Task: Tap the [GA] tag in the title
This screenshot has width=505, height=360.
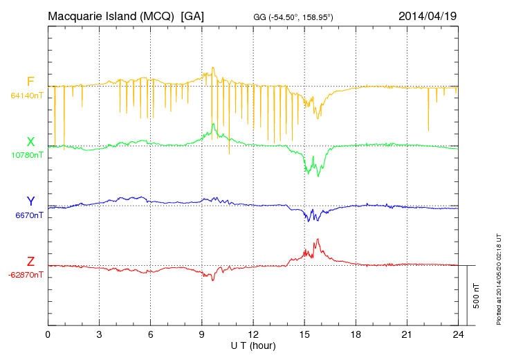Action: click(192, 16)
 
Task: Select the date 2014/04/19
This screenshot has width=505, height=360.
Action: click(427, 16)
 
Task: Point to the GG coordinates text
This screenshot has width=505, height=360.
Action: click(293, 17)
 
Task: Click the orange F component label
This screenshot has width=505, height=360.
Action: click(30, 82)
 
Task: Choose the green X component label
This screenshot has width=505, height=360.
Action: click(30, 142)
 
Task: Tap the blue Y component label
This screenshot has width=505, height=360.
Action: click(30, 201)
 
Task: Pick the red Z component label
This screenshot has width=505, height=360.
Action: click(30, 261)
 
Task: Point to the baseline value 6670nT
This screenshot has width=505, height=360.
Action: click(28, 215)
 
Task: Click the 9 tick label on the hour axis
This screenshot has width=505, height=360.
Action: click(202, 335)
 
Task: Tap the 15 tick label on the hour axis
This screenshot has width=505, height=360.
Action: click(304, 335)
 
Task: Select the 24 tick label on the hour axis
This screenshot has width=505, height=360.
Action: click(458, 335)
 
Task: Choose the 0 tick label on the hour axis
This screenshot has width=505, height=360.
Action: click(48, 335)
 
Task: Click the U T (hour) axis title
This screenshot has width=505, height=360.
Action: click(253, 345)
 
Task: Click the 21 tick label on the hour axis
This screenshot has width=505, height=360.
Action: click(407, 335)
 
